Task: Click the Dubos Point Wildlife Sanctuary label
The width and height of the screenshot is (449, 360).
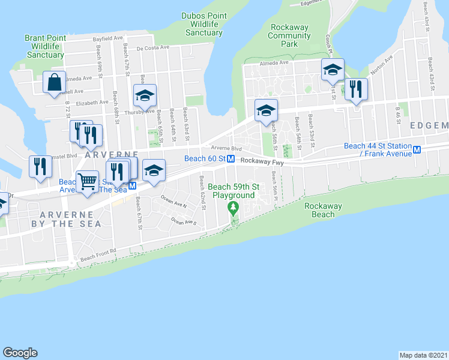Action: pyautogui.click(x=203, y=24)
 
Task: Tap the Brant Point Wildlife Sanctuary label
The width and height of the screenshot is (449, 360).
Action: pyautogui.click(x=45, y=46)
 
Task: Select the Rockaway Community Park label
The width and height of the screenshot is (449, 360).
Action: pyautogui.click(x=290, y=35)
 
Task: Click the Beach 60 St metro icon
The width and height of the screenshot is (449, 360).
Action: pyautogui.click(x=231, y=158)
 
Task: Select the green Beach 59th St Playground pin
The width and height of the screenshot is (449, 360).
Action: pyautogui.click(x=232, y=208)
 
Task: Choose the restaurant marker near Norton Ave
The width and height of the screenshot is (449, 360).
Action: pyautogui.click(x=356, y=90)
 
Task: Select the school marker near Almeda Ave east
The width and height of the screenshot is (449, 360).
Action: pyautogui.click(x=332, y=70)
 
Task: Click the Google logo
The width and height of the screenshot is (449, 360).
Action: pyautogui.click(x=20, y=353)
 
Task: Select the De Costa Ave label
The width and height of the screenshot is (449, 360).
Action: pyautogui.click(x=154, y=49)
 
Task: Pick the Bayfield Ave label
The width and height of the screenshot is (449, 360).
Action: pyautogui.click(x=107, y=38)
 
